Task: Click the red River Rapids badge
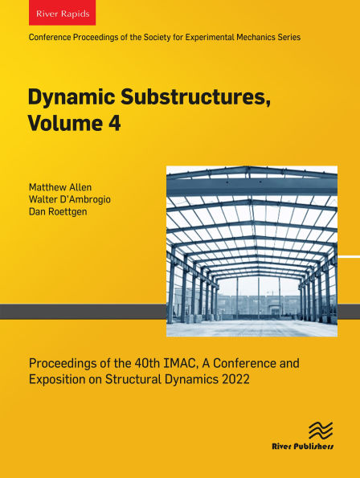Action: click(62, 15)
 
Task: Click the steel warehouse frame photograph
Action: click(252, 251)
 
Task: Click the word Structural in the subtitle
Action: click(149, 379)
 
